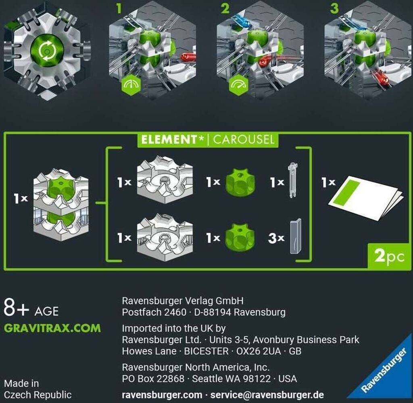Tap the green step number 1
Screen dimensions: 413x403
(x=119, y=8)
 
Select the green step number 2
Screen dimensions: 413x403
(x=225, y=8)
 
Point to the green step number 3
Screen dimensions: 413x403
(x=334, y=8)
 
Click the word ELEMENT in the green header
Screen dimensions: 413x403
(x=169, y=140)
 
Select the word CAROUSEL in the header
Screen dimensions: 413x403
(x=244, y=140)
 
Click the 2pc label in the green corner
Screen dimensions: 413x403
(x=389, y=256)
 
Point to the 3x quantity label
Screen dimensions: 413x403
(x=276, y=238)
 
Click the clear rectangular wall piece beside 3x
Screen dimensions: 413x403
(x=296, y=236)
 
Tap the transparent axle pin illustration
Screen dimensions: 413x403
(x=293, y=180)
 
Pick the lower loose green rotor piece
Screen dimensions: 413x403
(x=240, y=237)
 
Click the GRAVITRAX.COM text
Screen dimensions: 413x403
(x=52, y=328)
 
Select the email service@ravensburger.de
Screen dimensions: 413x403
(x=267, y=395)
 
